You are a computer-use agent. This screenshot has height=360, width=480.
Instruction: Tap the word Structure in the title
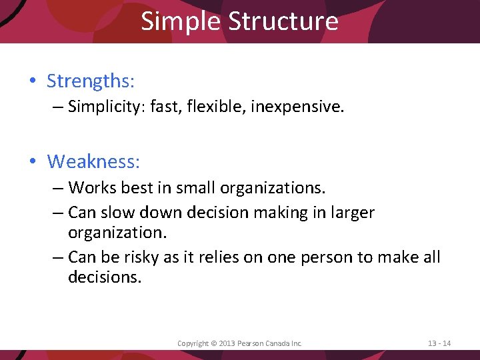[x=283, y=21]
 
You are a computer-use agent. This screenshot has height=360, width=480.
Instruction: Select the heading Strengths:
[x=91, y=81]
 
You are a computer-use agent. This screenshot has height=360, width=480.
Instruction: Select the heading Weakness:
[x=94, y=161]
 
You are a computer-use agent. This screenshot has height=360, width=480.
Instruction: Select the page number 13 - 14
[x=439, y=343]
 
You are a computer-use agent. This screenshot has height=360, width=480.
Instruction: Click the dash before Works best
[x=58, y=189]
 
